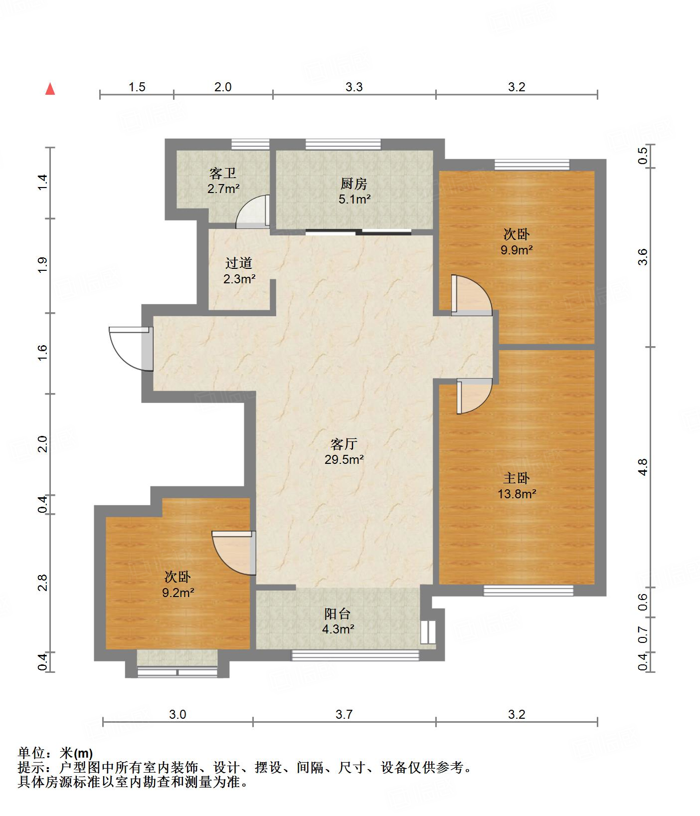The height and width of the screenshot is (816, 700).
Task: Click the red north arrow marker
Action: click(x=50, y=89)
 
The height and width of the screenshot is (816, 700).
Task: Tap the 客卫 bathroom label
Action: click(x=223, y=174)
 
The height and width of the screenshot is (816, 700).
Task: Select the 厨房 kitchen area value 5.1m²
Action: click(x=354, y=200)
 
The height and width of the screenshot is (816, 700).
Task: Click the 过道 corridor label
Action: click(x=239, y=263)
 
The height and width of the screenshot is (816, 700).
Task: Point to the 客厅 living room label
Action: click(x=344, y=443)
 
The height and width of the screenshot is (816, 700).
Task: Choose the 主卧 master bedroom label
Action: click(x=516, y=478)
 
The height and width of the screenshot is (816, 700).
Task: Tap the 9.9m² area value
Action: click(x=517, y=249)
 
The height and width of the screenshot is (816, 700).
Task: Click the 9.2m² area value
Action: click(x=178, y=593)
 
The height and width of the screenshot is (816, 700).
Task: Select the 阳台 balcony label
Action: click(x=338, y=613)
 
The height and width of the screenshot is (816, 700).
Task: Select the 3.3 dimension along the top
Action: click(x=354, y=87)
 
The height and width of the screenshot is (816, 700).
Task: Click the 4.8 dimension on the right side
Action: click(x=643, y=467)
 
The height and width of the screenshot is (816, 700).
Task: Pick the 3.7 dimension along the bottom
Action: click(x=344, y=714)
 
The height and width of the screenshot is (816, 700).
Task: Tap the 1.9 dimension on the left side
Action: click(x=42, y=265)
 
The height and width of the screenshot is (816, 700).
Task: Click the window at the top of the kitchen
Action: click(x=343, y=144)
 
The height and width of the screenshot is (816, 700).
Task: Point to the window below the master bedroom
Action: click(x=528, y=591)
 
